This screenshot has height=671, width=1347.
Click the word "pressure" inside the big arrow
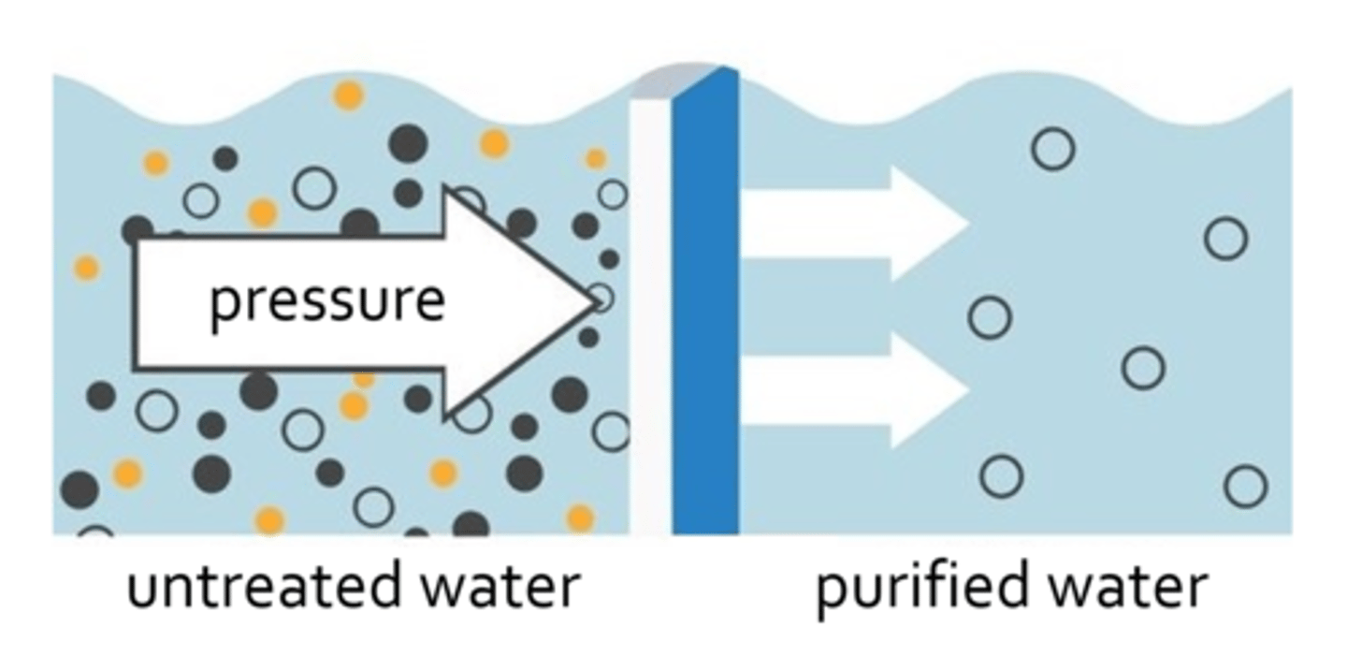point(326,302)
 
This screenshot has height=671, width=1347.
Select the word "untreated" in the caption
point(252,589)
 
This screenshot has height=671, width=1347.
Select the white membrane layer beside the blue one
point(651,318)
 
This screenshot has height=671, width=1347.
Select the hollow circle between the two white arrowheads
point(990,317)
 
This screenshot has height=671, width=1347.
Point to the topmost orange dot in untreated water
point(349,95)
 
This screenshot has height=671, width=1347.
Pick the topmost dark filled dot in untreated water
point(408,143)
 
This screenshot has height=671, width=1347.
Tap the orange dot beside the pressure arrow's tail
point(87,269)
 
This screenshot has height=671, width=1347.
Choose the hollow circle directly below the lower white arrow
point(1001,476)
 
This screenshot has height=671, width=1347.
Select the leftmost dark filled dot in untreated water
point(80,489)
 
